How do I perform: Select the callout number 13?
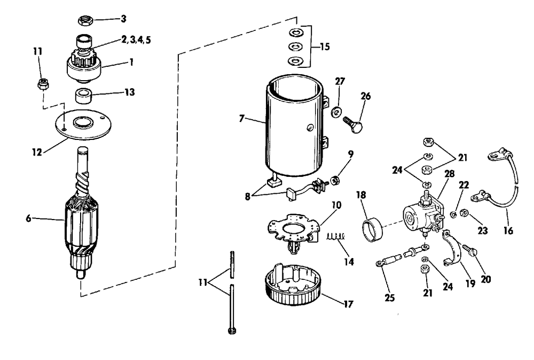click(x=129, y=92)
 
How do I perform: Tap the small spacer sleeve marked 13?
click(x=83, y=95)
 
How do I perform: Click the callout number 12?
click(x=37, y=152)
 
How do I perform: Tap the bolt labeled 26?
click(x=353, y=124)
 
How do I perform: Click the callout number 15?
click(x=325, y=46)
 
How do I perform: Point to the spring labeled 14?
click(x=336, y=236)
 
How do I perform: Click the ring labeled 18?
click(x=372, y=231)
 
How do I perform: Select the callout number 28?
click(x=450, y=174)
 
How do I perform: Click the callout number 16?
click(x=508, y=231)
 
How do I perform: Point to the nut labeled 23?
click(x=464, y=213)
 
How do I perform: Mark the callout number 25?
click(x=390, y=298)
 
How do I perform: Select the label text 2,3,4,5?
click(x=136, y=40)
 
